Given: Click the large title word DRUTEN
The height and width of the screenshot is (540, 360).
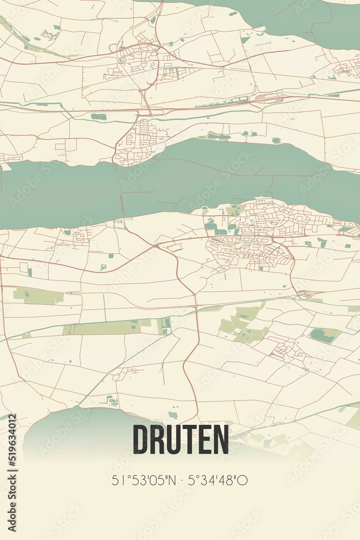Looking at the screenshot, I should pos(180,440).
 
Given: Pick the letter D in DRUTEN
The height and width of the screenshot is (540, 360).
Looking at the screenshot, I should pos(141,440).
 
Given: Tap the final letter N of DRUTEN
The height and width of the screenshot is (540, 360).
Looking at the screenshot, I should pos(220,440).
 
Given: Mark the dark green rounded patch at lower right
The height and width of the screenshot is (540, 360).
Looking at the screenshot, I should pos(324,335).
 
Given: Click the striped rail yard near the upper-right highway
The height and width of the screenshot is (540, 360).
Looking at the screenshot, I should pos(270,98).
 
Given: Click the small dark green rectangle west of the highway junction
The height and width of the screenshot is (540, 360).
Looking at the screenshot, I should pos(99,117).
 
